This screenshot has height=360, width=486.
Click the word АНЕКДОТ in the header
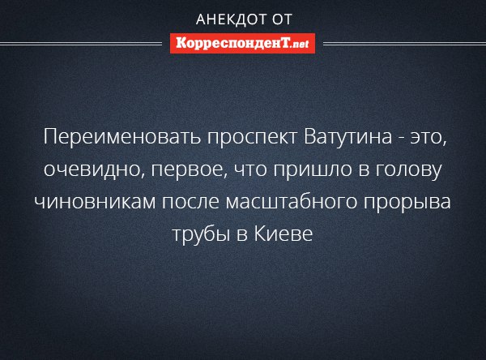tap(231, 19)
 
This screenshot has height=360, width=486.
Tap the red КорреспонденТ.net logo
tap(242, 44)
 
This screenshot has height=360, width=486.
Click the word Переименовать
tap(122, 136)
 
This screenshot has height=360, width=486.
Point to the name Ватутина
tap(347, 136)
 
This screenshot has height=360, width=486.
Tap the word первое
tap(187, 171)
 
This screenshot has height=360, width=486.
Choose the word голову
tap(408, 171)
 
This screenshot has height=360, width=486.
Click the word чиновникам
tap(95, 202)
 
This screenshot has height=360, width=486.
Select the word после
tap(190, 202)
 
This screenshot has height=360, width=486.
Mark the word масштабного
tap(292, 202)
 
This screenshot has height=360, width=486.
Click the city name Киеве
tap(283, 234)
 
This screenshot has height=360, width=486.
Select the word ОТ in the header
tap(283, 19)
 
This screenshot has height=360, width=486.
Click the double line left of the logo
tap(81, 44)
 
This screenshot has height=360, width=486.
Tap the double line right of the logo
tap(404, 44)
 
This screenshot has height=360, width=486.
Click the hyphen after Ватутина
tap(401, 139)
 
